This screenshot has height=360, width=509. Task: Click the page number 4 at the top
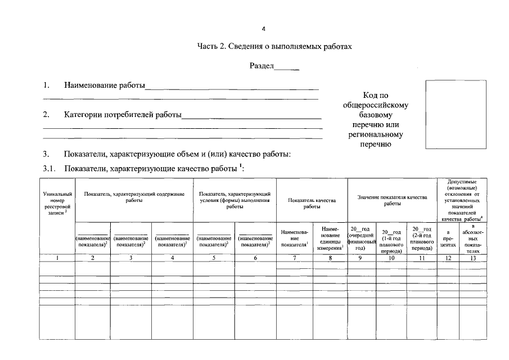coord(255,29)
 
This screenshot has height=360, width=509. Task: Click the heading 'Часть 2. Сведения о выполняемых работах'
coord(274,47)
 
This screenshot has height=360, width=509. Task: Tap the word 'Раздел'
coord(262,66)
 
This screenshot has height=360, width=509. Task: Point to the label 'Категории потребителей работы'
coord(123,115)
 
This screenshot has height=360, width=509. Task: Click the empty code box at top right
coord(448,114)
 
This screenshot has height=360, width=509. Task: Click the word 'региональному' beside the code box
coord(375,135)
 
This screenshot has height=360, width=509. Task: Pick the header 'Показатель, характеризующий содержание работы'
coord(134,197)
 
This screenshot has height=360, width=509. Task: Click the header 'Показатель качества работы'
coord(312,203)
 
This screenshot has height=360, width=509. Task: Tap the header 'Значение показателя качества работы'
coord(392,200)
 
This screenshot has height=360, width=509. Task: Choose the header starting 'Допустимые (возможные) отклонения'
coord(462,200)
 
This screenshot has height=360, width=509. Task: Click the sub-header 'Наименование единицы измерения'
coord(330,239)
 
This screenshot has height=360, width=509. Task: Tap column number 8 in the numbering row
coord(330,258)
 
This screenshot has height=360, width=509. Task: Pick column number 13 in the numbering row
coord(473,258)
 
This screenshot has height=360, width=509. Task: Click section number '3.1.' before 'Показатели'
coord(51,168)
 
